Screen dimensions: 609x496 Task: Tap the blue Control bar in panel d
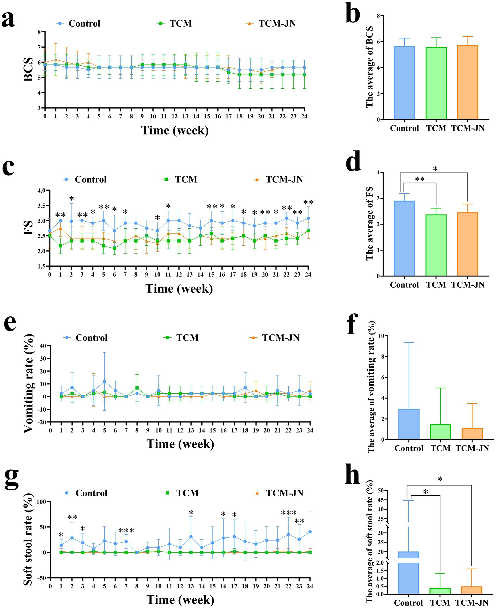point(404,238)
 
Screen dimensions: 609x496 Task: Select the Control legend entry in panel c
point(84,179)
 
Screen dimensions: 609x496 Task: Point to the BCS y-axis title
point(28,70)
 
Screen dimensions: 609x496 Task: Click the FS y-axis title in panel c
point(28,228)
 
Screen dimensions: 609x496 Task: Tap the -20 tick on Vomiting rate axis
point(42,422)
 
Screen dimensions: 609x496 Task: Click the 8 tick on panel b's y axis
point(378,16)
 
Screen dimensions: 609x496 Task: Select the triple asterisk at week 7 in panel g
point(126,531)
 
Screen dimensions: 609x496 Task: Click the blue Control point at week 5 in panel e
point(105,381)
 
